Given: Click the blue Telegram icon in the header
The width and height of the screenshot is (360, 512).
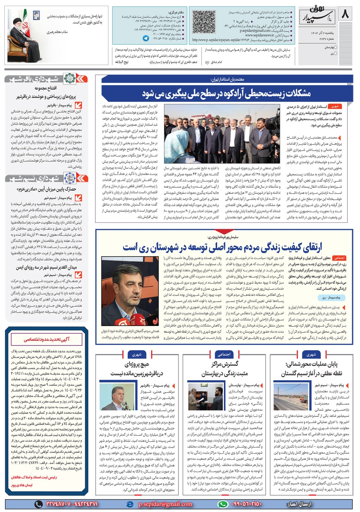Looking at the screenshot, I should point(146,38).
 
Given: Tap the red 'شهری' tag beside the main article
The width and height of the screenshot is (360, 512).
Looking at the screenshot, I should point(335,107).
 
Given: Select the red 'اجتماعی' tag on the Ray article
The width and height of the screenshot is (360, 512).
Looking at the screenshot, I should point(339,258).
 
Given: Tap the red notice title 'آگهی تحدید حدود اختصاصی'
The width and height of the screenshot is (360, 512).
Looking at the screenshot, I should point(47,339).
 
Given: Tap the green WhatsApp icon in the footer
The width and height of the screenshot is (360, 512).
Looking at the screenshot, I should point(223,504).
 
